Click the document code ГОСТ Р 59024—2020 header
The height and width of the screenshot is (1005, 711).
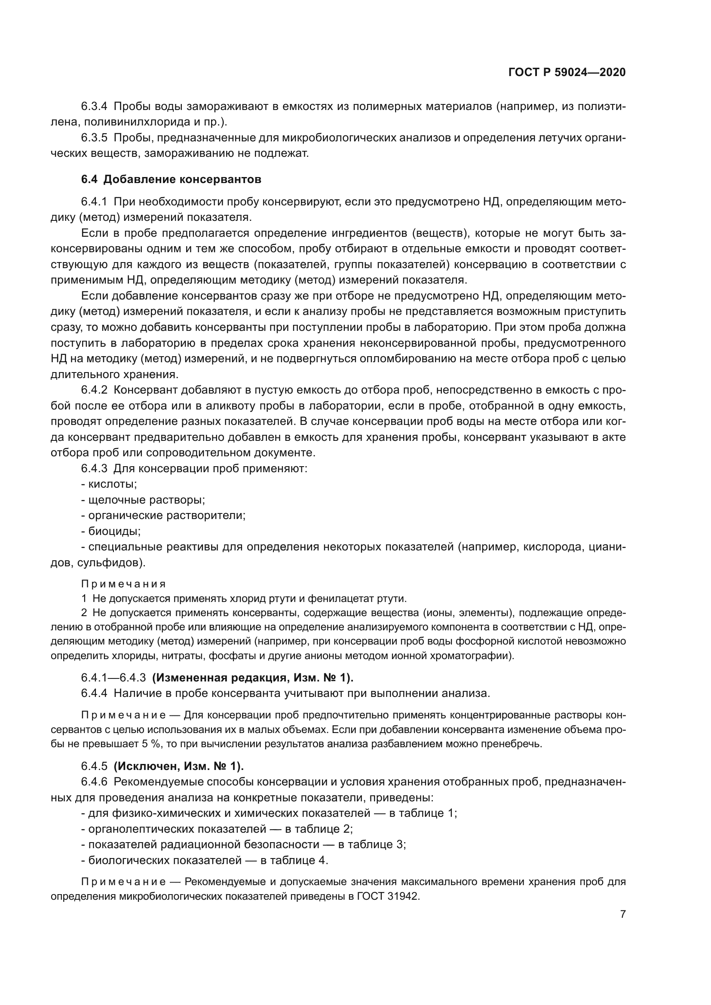(x=567, y=73)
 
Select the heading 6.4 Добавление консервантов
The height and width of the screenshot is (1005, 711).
(x=171, y=180)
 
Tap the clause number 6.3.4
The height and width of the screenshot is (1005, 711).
(x=94, y=107)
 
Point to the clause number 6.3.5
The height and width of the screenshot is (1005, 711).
(x=94, y=138)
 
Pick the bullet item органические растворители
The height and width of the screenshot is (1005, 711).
(x=163, y=516)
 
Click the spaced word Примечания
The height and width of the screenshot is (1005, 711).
(x=123, y=584)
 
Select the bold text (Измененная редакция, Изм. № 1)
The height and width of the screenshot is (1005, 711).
(x=253, y=678)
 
